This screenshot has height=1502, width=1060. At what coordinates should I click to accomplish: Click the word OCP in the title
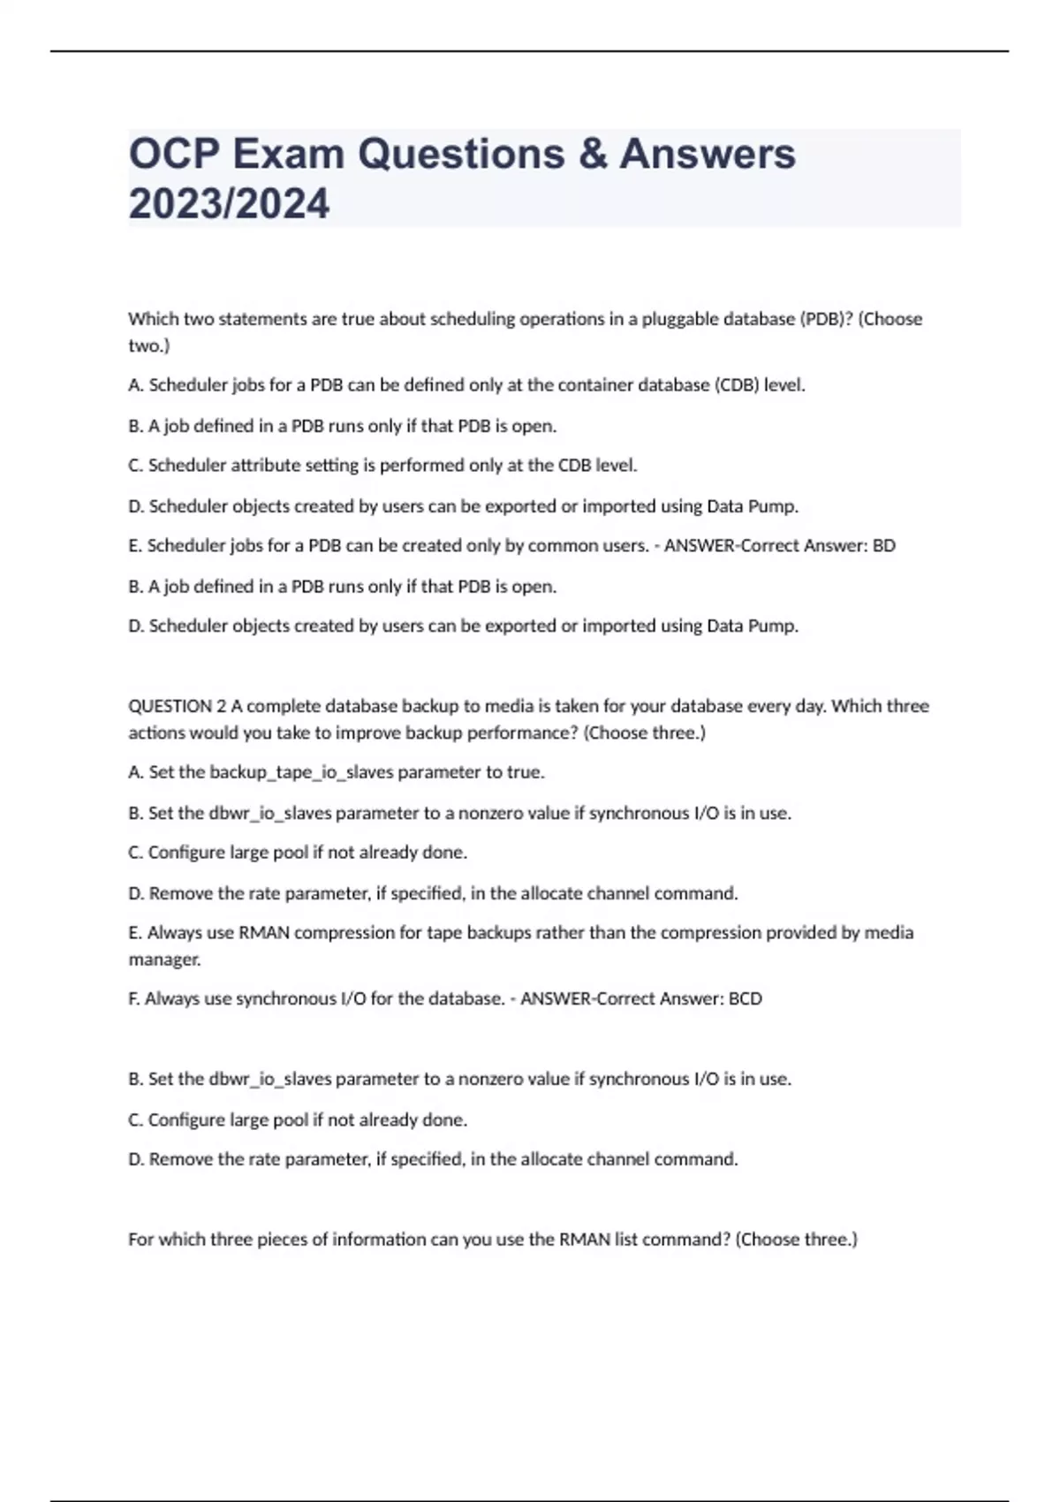(x=174, y=154)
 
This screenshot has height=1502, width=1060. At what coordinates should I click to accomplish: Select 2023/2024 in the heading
(x=229, y=203)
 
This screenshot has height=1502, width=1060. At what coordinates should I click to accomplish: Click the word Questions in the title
(x=460, y=154)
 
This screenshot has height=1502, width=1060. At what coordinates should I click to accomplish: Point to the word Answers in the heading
(x=707, y=154)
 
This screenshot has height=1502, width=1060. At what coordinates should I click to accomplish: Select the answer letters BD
(x=883, y=546)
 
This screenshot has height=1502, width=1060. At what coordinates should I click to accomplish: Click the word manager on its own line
(x=164, y=960)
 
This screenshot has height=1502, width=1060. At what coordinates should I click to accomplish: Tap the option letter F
(x=133, y=999)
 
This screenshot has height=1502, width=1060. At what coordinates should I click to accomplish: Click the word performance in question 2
(x=521, y=733)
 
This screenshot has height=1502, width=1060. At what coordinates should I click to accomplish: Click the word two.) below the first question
(x=148, y=346)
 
